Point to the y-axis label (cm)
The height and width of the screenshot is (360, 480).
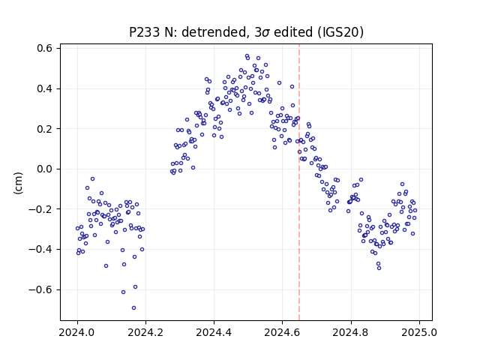18,183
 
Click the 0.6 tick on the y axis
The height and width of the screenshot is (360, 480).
45,48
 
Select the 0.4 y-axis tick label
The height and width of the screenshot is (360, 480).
45,88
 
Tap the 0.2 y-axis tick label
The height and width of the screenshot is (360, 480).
45,129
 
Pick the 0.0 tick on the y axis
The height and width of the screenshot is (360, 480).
45,169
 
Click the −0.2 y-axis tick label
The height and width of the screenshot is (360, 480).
40,209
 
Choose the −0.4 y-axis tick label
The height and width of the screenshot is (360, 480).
40,250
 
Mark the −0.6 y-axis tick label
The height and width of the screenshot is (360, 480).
40,289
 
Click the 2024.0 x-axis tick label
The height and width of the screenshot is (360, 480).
77,332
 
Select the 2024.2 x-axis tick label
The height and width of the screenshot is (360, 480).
145,332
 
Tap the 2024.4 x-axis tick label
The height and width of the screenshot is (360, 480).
214,332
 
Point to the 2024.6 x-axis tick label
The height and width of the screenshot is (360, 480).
283,332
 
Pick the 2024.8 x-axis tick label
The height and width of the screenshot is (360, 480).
351,332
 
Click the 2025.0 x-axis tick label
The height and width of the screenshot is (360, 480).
419,332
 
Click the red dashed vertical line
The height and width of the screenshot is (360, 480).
299,182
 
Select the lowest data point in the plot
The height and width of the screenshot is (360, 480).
133,308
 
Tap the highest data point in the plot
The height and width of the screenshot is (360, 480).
247,56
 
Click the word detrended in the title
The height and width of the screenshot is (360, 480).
214,32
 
